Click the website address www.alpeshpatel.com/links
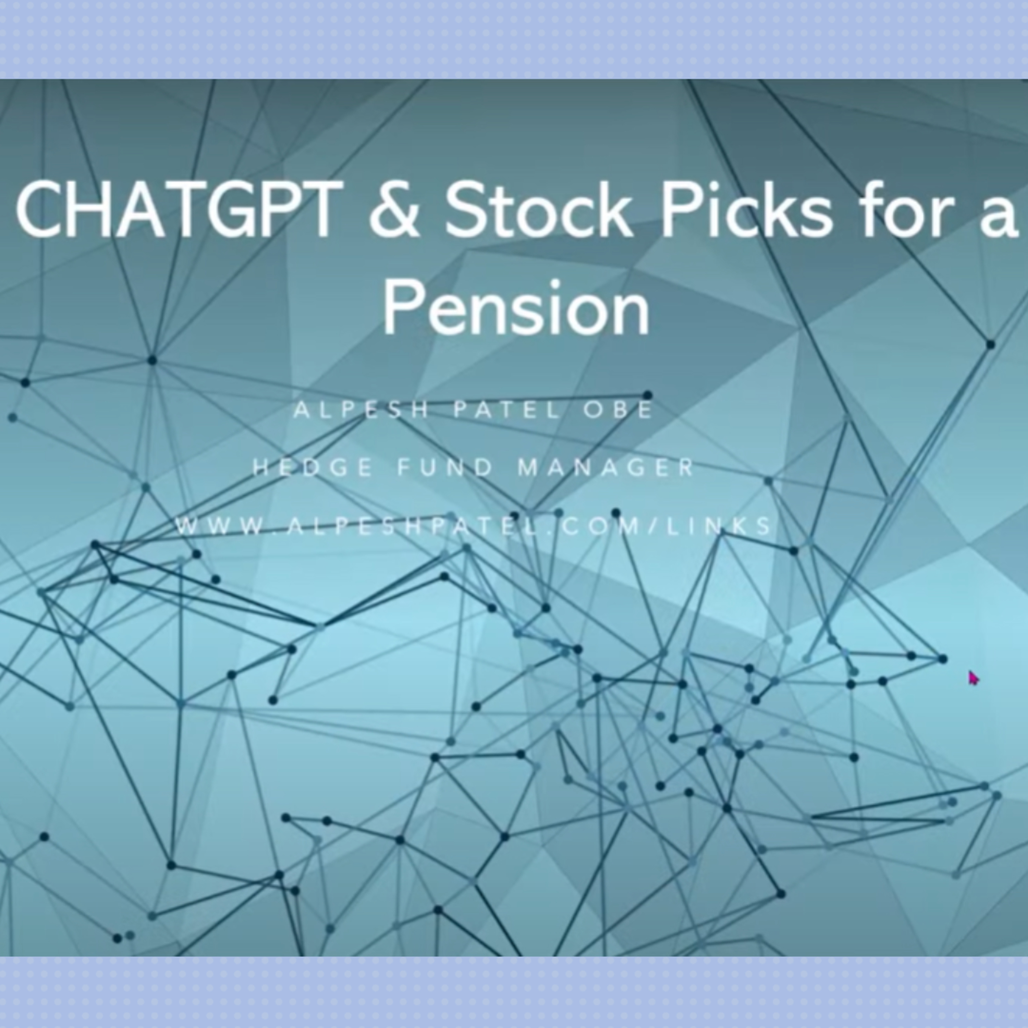[474, 526]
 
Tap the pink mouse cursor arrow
[973, 678]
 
